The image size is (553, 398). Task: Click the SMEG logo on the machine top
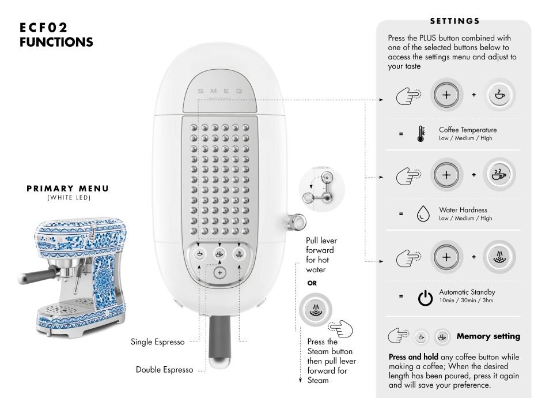coord(220,91)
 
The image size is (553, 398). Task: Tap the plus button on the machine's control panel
coord(219,273)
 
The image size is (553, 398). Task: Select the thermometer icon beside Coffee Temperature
coord(421,134)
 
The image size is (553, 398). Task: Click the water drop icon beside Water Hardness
coord(423,213)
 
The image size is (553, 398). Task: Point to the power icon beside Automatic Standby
coord(425,298)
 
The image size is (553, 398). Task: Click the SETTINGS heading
coord(454,21)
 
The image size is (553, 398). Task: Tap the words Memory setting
coord(488,336)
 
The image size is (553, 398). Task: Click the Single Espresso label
coord(158,342)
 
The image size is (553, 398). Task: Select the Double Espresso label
coord(164,370)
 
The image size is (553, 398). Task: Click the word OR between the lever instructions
coord(312,283)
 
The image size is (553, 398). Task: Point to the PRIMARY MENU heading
coord(68,189)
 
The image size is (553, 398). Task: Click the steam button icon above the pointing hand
coord(316,310)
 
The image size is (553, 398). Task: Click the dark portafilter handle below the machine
coord(219,341)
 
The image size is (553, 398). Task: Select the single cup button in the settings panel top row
coord(499,95)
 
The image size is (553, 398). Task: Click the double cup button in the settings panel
coord(499,174)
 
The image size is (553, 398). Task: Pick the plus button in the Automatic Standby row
coord(446,257)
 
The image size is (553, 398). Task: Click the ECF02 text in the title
coord(43,28)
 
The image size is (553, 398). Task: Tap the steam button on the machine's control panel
coord(239,254)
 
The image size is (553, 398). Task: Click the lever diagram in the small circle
coord(321,189)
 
